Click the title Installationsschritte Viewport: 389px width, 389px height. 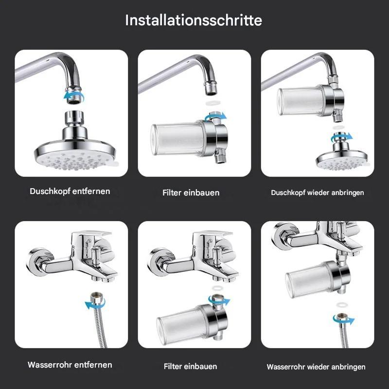(x=194, y=20)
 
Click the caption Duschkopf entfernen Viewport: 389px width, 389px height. (x=70, y=191)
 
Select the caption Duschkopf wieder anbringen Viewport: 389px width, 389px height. (x=318, y=193)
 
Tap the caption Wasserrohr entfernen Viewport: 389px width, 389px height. (x=70, y=365)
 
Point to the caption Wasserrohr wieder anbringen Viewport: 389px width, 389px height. (x=316, y=367)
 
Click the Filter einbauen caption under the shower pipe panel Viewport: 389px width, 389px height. (x=191, y=193)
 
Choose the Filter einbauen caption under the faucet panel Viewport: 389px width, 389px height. (x=191, y=366)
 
